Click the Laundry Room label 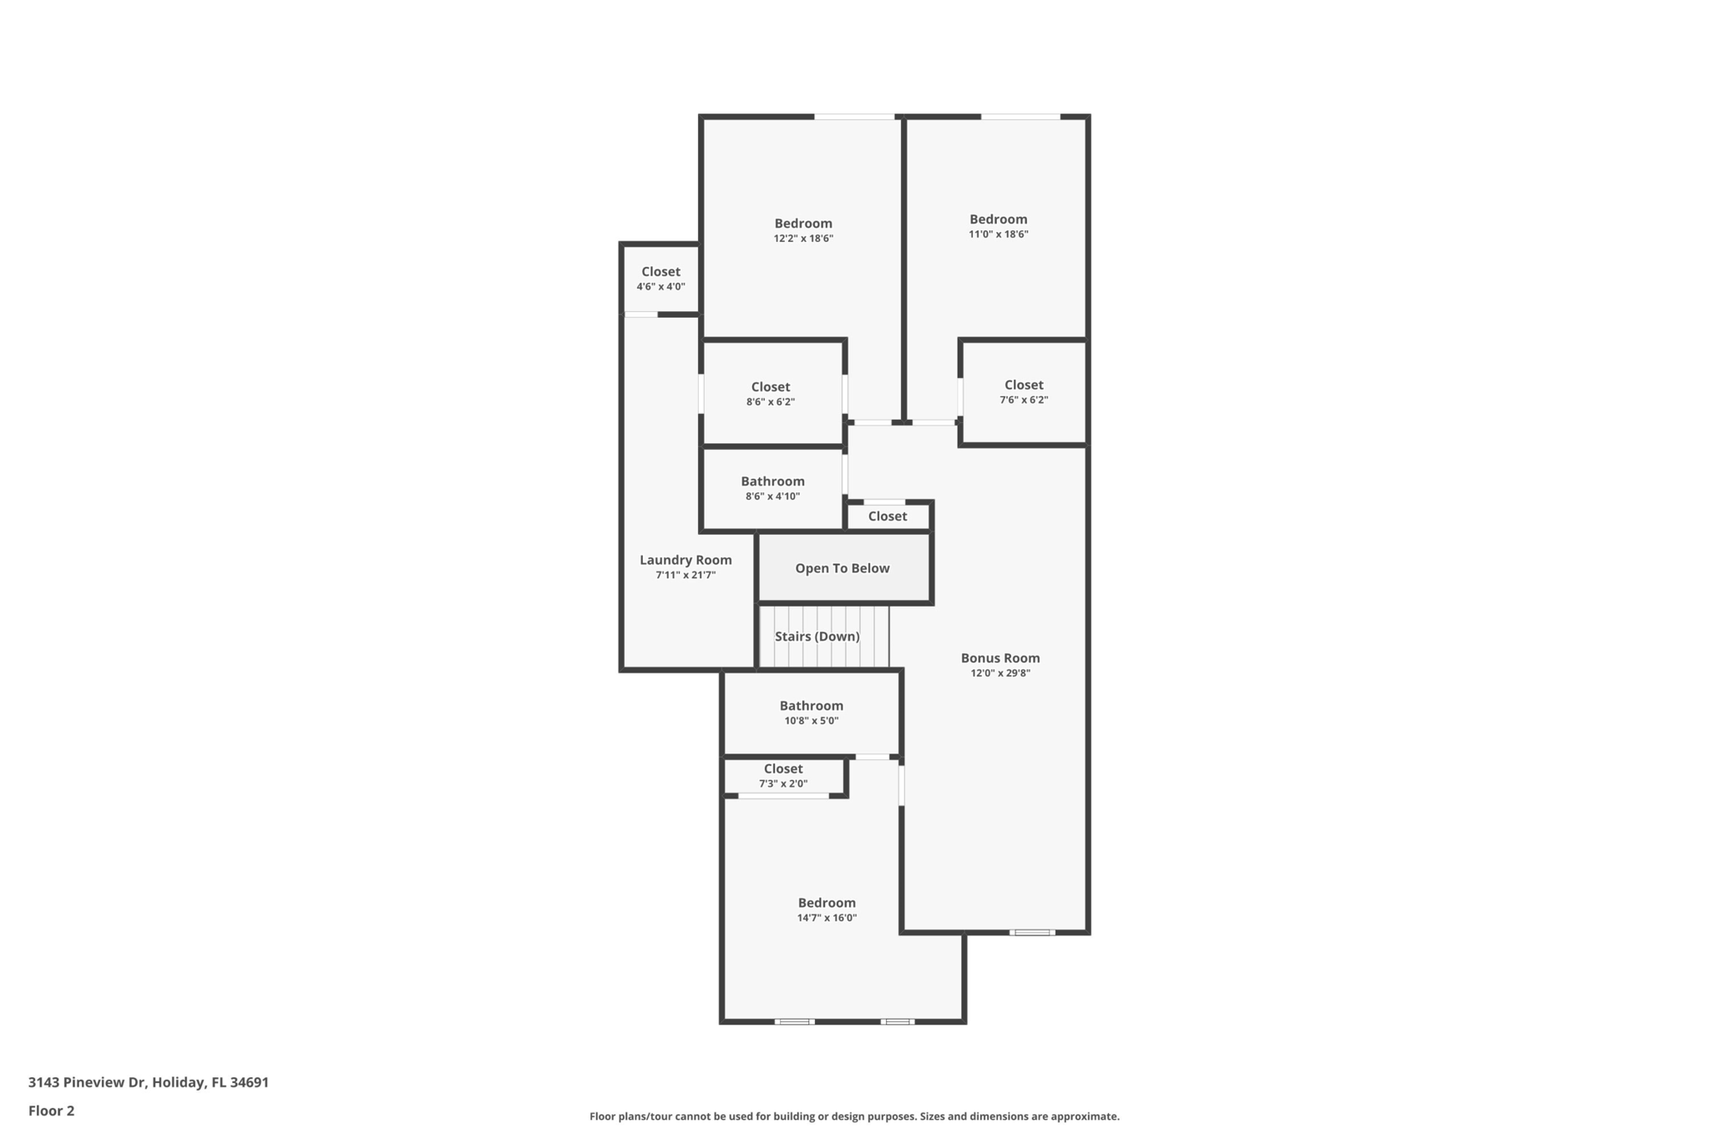tap(686, 560)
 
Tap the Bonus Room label tap(999, 658)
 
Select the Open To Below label tap(842, 568)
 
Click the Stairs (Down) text tap(817, 637)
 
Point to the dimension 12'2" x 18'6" tap(803, 239)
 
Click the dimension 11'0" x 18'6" tap(998, 234)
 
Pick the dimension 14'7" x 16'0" tap(827, 918)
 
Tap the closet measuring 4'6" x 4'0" tap(660, 279)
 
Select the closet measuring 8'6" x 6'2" tap(771, 393)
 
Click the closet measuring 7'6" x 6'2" tap(1024, 391)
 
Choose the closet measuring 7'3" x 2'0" tap(783, 775)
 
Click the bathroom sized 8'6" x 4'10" tap(772, 488)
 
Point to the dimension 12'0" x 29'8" tap(999, 673)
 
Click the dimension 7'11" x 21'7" tap(686, 576)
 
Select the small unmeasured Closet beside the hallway tap(887, 517)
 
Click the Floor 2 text tap(51, 1111)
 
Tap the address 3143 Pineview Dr tap(88, 1082)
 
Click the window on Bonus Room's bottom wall tap(1032, 932)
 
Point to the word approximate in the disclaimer tap(1084, 1116)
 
